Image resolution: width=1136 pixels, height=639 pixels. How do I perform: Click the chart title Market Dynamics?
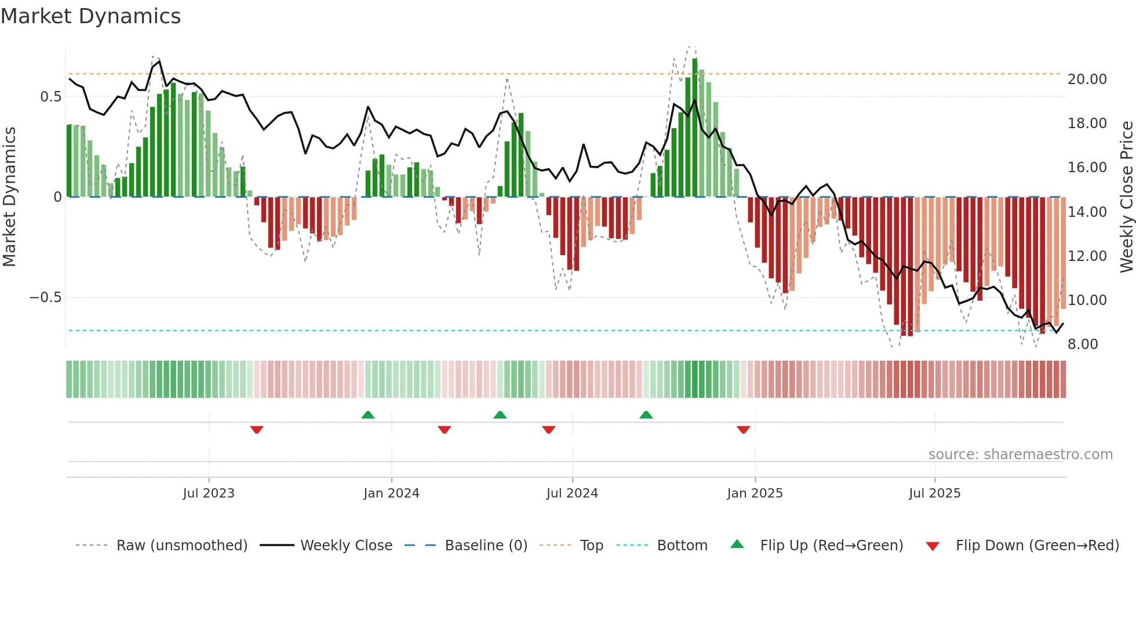point(91,16)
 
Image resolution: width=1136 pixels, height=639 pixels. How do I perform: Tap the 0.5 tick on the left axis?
point(50,97)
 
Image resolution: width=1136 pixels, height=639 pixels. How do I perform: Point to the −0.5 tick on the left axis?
point(45,297)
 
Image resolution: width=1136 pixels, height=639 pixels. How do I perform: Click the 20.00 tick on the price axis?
point(1087,79)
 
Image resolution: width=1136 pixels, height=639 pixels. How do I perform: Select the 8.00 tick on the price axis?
point(1083,344)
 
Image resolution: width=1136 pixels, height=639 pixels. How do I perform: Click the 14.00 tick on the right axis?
point(1087,212)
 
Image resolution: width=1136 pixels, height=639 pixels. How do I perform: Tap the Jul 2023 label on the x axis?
point(209,493)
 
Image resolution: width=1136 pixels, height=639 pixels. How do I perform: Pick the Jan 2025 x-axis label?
point(755,493)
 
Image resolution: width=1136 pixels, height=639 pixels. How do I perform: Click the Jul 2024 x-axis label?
point(572,493)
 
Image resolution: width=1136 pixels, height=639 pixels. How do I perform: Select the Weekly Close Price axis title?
point(1126,197)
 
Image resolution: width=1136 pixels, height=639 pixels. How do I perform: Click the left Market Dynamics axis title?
point(9,197)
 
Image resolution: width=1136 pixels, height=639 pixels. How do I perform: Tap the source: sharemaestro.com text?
point(1020,455)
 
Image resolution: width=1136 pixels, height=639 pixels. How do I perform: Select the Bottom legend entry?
point(682,546)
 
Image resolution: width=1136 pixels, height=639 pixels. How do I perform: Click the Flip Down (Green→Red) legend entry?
point(1037,546)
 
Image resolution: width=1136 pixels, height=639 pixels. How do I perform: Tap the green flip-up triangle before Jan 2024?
point(368,415)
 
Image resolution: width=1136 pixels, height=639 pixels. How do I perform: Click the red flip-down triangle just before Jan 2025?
point(744,430)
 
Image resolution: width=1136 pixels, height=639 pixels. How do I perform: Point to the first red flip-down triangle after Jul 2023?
point(257,430)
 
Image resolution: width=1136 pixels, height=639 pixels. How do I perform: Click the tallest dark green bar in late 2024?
point(695,128)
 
